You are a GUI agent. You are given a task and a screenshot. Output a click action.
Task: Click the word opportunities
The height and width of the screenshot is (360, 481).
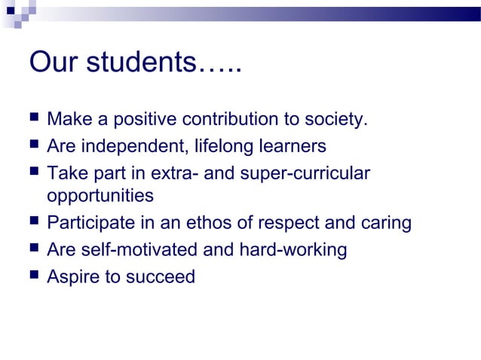pyautogui.click(x=100, y=197)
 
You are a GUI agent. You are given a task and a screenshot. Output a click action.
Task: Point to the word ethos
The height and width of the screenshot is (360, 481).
pyautogui.click(x=230, y=224)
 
